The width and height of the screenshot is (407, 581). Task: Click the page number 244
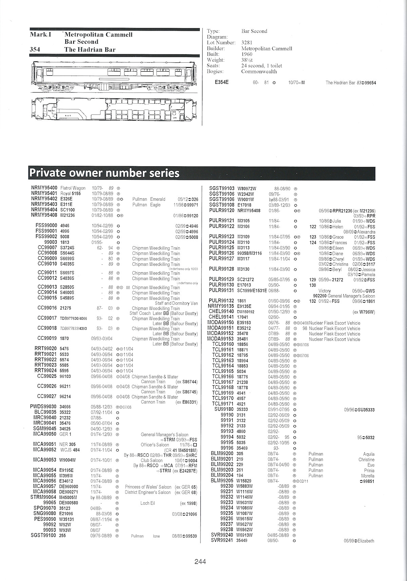point(200,562)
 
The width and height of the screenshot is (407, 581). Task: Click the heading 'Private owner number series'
point(104,173)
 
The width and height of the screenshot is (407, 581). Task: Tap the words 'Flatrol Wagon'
point(73,188)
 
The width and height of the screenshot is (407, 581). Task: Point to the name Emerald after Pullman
point(158,199)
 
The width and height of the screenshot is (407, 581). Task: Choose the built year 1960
point(247,54)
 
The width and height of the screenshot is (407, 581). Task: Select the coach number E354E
point(221,82)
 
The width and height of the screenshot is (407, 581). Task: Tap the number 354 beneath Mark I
point(35,49)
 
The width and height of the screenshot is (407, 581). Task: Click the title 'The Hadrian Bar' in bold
point(90,49)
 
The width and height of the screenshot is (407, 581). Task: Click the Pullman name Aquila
point(369,454)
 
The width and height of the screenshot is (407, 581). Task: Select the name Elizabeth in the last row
point(366,541)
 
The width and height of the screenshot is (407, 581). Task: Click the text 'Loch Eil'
point(148,503)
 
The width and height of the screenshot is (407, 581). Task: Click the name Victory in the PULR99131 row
point(325,291)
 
